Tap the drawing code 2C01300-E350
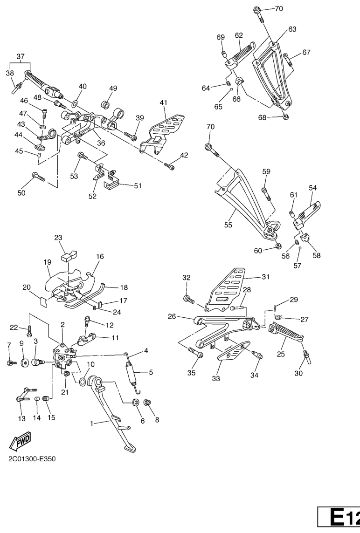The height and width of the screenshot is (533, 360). [32, 459]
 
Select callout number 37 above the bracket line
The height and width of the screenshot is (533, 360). [21, 56]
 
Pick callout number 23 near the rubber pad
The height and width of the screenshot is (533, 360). [58, 237]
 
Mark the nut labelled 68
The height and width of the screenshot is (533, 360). [285, 117]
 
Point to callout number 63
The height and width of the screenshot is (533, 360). [292, 29]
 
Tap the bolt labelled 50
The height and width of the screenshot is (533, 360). [37, 177]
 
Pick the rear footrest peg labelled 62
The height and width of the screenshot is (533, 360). [242, 52]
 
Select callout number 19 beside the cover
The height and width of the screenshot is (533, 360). [47, 262]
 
